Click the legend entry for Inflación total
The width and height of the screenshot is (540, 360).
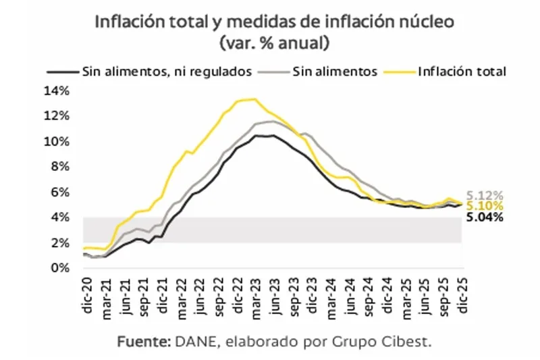[x=462, y=71]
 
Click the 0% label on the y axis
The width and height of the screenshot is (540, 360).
[x=61, y=267]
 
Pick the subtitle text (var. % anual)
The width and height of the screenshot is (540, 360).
[x=273, y=43]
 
